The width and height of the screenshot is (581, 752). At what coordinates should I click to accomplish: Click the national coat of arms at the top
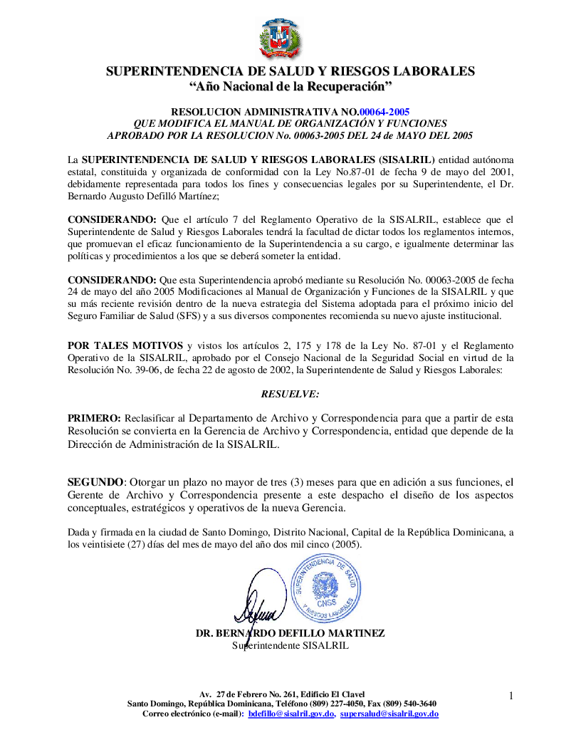pyautogui.click(x=281, y=39)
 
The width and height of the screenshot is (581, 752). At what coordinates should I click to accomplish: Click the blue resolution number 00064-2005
pyautogui.click(x=384, y=112)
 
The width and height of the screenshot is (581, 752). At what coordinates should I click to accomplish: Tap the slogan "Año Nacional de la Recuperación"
pyautogui.click(x=290, y=86)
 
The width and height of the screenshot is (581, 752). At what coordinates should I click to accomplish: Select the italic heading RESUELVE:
pyautogui.click(x=290, y=394)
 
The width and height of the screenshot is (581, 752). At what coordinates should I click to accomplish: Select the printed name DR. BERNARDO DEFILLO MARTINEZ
pyautogui.click(x=290, y=633)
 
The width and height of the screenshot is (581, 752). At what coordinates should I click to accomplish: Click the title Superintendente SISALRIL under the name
pyautogui.click(x=290, y=646)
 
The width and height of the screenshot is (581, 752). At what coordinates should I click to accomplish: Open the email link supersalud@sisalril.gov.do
pyautogui.click(x=389, y=714)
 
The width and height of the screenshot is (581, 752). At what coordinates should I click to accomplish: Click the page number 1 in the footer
pyautogui.click(x=511, y=694)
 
